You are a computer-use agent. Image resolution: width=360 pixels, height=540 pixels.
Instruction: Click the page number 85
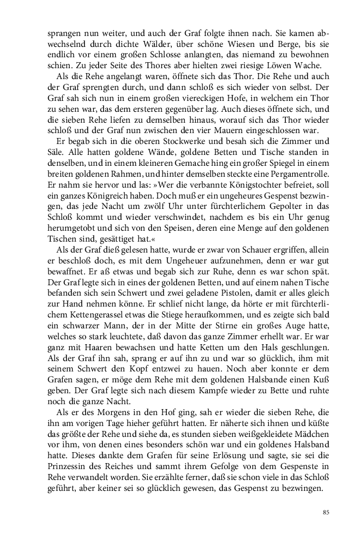tap(326, 512)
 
